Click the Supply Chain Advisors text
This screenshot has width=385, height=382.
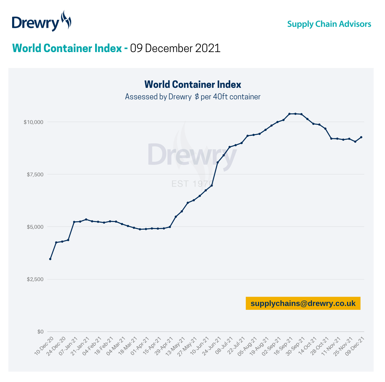tap(329, 24)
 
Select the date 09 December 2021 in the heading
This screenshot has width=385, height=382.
tap(175, 48)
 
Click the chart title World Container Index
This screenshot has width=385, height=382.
tap(192, 84)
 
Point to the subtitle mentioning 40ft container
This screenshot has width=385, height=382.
tap(192, 97)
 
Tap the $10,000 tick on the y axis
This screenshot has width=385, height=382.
tap(33, 122)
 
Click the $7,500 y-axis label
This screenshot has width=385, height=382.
tap(35, 174)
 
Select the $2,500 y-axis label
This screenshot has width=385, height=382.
tap(35, 279)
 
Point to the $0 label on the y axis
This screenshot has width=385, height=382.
tap(40, 332)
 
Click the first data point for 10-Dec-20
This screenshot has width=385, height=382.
tap(50, 259)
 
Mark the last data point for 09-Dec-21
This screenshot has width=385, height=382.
tap(361, 137)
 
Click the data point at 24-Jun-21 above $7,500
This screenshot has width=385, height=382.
tap(217, 163)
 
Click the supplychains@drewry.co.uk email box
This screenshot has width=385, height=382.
tap(303, 303)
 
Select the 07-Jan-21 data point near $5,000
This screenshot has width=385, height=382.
tap(74, 222)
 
